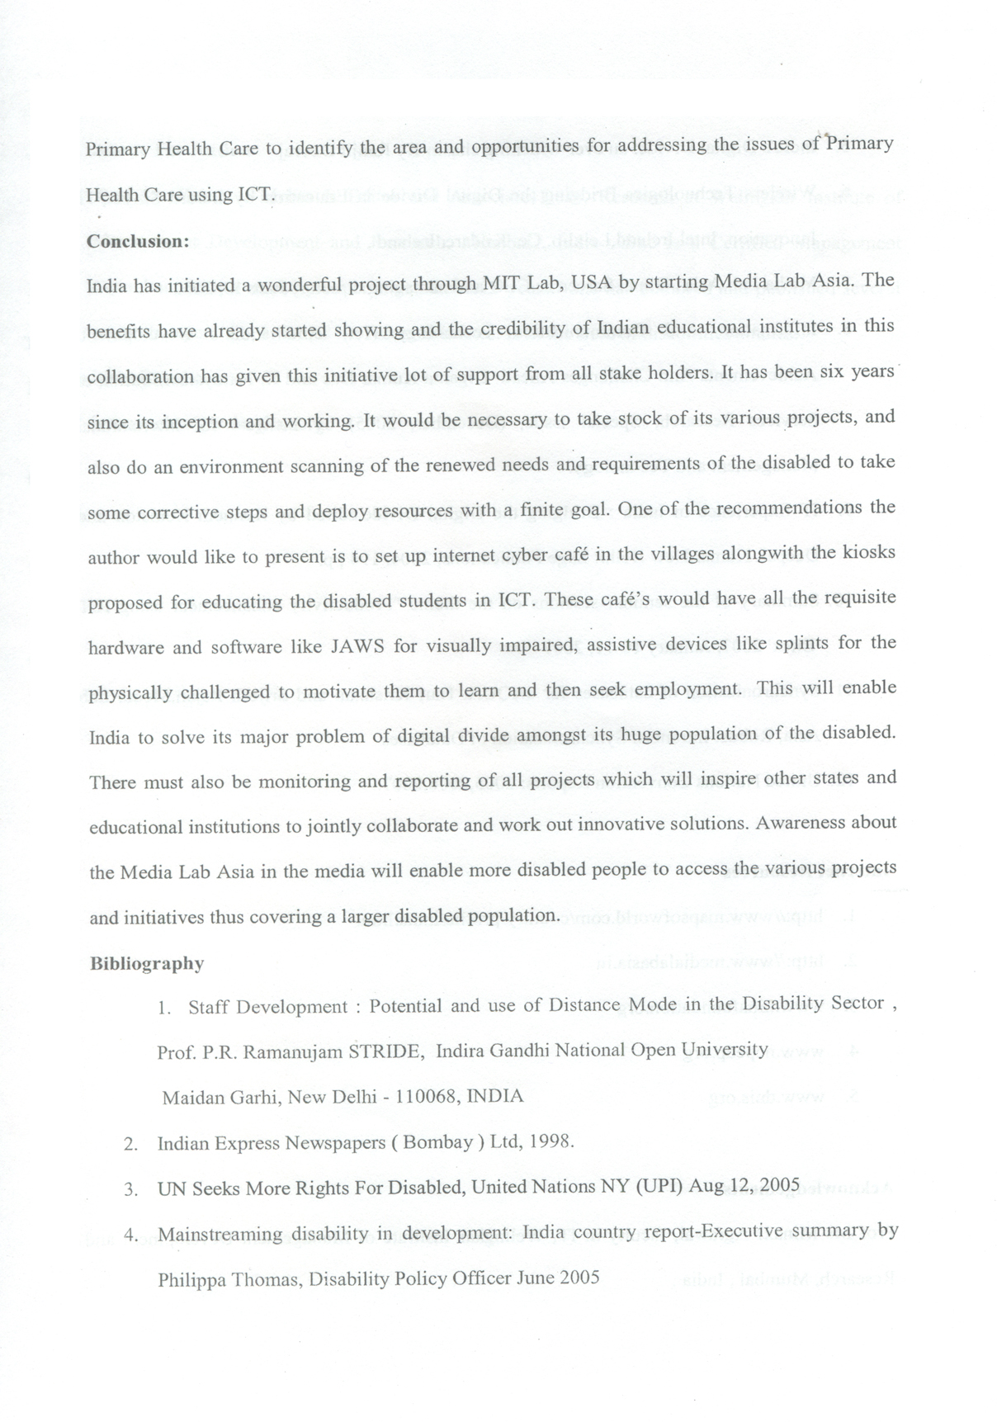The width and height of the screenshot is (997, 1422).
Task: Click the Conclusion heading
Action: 138,241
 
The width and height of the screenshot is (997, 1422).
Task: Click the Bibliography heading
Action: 146,963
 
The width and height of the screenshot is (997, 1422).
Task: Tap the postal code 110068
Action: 428,1097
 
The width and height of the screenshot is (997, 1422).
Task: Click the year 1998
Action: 550,1142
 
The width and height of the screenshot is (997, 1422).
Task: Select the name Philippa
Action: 192,1279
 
